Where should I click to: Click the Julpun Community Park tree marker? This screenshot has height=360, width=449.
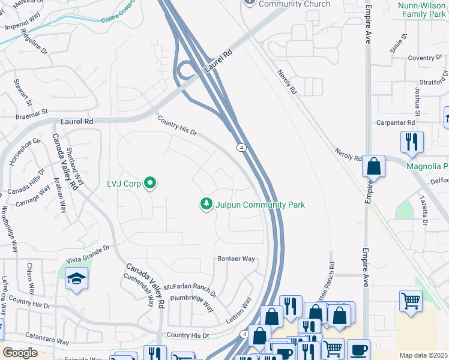point(206,205)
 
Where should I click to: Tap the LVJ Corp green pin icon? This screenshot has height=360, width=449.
point(150,184)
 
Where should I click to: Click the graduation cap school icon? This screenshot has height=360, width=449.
point(77,278)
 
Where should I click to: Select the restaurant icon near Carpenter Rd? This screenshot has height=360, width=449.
point(412,142)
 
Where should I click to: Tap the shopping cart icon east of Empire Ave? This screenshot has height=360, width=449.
point(411,301)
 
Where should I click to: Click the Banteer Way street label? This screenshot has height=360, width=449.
point(236,259)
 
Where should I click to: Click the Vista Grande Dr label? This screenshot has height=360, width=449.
point(88,253)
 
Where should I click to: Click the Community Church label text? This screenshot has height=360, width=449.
point(295,4)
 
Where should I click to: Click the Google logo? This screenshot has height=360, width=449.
point(20,353)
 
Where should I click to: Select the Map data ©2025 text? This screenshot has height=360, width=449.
point(424,355)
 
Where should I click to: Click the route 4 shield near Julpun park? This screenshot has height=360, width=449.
point(240,147)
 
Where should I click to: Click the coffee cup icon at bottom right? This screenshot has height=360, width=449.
point(359,350)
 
